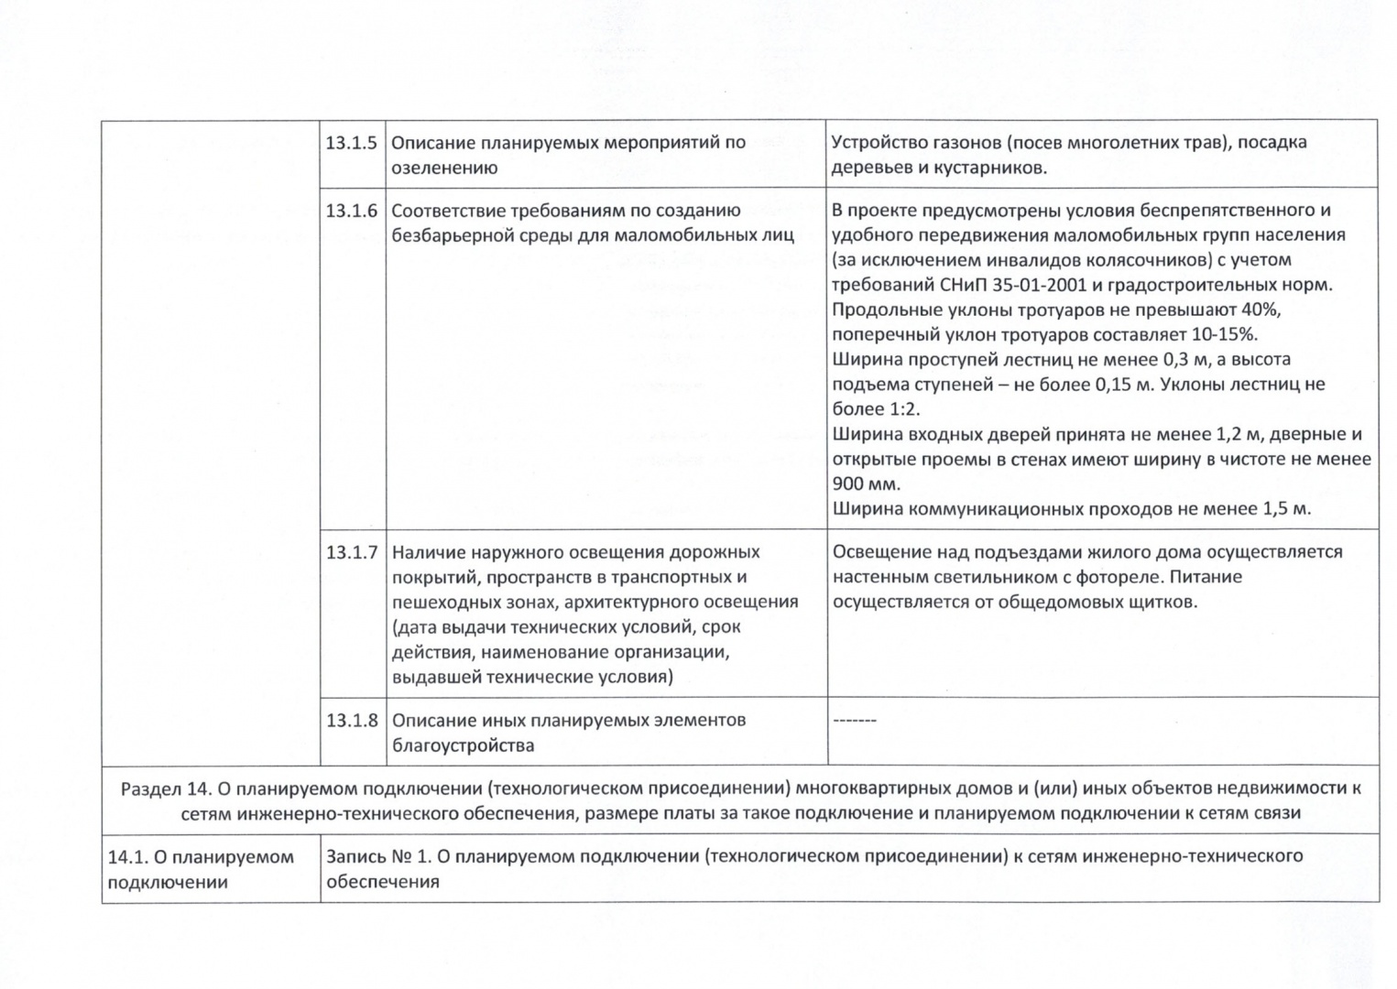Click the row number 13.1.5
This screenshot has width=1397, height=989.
(x=352, y=143)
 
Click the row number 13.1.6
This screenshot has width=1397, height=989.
(x=352, y=211)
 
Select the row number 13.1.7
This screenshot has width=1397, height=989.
(x=352, y=552)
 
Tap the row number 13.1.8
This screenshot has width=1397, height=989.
(x=352, y=720)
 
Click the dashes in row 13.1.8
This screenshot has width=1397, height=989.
(x=854, y=720)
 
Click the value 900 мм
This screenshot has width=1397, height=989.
(x=866, y=484)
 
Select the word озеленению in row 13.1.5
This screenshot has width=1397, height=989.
(x=444, y=168)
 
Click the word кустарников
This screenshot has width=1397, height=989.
(x=994, y=168)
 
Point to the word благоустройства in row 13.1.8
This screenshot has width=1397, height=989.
(x=463, y=745)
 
